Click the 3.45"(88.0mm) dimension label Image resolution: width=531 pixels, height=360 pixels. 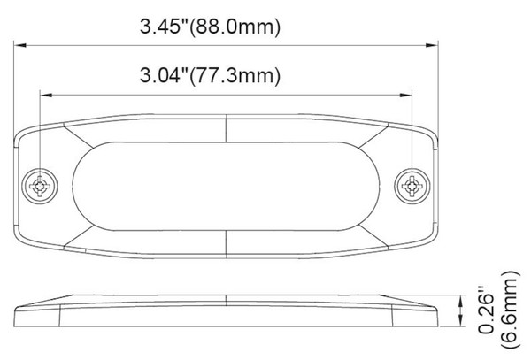[210, 27]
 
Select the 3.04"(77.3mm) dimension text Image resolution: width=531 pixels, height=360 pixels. [210, 75]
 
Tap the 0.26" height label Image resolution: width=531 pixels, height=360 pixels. [488, 310]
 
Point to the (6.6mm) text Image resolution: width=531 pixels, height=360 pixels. [510, 310]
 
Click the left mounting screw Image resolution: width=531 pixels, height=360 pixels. [40, 186]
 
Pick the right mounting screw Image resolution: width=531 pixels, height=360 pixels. [412, 186]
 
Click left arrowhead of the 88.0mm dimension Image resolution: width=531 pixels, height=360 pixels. [20, 45]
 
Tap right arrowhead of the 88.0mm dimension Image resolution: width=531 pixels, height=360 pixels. [432, 45]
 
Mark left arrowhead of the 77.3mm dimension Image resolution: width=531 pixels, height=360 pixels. [46, 95]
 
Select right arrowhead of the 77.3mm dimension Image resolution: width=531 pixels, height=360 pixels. [405, 95]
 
